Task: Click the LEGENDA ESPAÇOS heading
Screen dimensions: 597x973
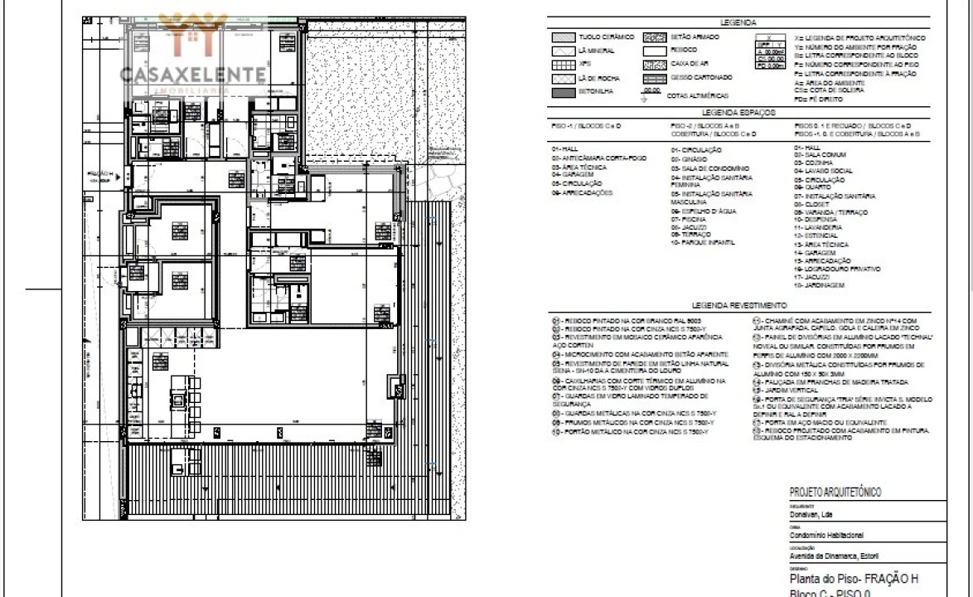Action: [738, 111]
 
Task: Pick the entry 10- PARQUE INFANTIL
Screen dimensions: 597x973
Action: [705, 243]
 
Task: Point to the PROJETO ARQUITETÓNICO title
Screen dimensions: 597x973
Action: [835, 493]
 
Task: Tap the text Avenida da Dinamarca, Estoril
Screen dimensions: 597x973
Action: [834, 556]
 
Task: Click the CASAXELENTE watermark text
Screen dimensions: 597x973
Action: [193, 75]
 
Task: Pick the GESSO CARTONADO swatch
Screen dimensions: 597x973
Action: [655, 77]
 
